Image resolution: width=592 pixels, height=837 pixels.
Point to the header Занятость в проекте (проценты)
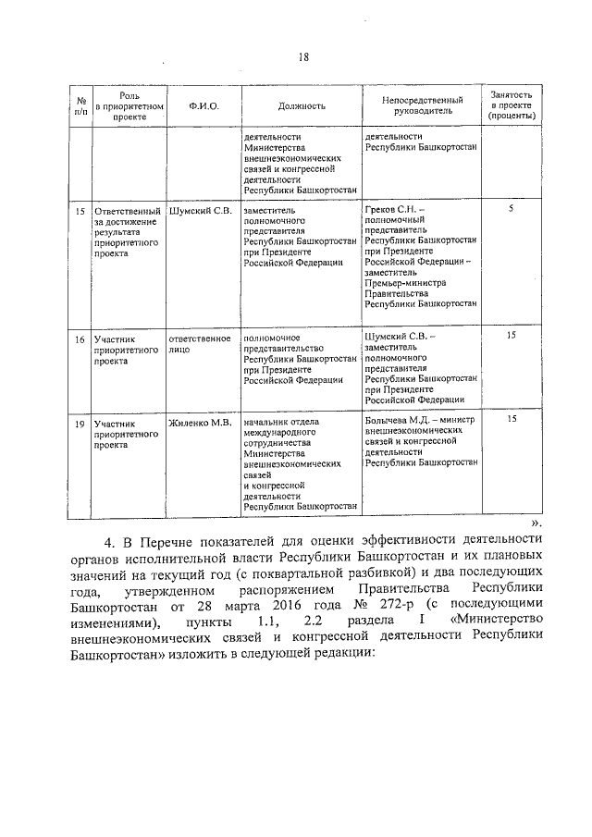click(x=512, y=106)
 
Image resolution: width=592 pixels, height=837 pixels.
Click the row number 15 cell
click(x=80, y=211)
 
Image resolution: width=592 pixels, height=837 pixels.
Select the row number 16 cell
click(x=80, y=339)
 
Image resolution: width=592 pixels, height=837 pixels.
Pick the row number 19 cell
click(x=80, y=423)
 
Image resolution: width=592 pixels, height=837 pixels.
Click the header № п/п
click(x=80, y=106)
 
